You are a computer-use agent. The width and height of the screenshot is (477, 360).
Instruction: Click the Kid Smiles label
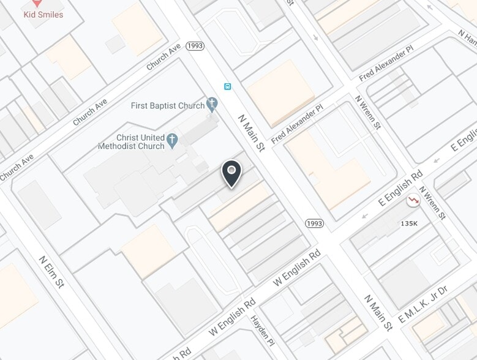coord(43,14)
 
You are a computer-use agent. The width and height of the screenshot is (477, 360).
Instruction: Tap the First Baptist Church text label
coord(167,106)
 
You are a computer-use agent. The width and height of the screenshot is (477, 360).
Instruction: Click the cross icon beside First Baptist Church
coord(212,105)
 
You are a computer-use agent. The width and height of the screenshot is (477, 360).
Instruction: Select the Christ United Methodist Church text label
coord(131,142)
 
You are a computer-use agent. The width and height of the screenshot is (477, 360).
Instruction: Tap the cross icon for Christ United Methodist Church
coord(172,142)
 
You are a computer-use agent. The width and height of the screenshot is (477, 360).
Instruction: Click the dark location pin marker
coord(231,174)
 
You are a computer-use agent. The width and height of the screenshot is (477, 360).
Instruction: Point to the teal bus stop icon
coord(228,86)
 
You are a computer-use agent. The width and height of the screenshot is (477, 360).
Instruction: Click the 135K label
coord(408,223)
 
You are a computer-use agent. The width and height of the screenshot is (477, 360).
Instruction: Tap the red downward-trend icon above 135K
coord(415,200)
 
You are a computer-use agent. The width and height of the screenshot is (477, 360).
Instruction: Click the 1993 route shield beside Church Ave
coord(195,46)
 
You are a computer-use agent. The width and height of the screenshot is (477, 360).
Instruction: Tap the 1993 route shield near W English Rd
coord(314,223)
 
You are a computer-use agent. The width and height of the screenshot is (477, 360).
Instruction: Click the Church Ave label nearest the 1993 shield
coord(163,56)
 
